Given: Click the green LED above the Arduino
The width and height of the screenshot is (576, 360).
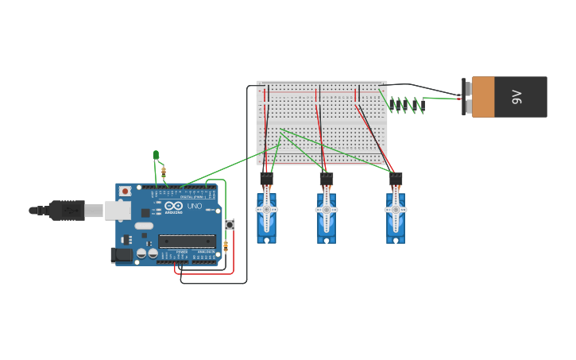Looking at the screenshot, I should pyautogui.click(x=157, y=155).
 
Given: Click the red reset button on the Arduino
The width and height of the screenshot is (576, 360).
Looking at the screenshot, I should pyautogui.click(x=125, y=192).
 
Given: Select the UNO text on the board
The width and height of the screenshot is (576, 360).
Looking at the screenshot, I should pyautogui.click(x=194, y=207).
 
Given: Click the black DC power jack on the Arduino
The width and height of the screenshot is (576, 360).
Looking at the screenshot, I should pyautogui.click(x=121, y=254).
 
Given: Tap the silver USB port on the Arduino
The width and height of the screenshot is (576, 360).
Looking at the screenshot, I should pyautogui.click(x=117, y=210).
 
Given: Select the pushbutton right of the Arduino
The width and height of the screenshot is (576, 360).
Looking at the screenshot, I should pyautogui.click(x=230, y=224).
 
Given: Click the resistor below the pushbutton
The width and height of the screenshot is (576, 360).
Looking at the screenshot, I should pyautogui.click(x=226, y=246).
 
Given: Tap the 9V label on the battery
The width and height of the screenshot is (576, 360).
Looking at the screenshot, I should pyautogui.click(x=517, y=97).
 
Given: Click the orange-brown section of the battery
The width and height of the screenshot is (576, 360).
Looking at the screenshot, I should pyautogui.click(x=483, y=97).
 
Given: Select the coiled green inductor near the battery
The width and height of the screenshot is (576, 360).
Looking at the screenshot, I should pyautogui.click(x=406, y=104).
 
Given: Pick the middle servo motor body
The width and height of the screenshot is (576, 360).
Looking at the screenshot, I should pyautogui.click(x=327, y=226).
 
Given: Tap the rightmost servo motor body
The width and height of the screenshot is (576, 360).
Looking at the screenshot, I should pyautogui.click(x=396, y=226).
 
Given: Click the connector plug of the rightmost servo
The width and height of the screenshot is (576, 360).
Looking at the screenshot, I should pyautogui.click(x=396, y=179).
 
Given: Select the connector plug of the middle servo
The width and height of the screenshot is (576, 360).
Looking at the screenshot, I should pyautogui.click(x=327, y=179).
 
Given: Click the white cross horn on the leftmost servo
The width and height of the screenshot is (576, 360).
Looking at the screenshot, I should pyautogui.click(x=266, y=210).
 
